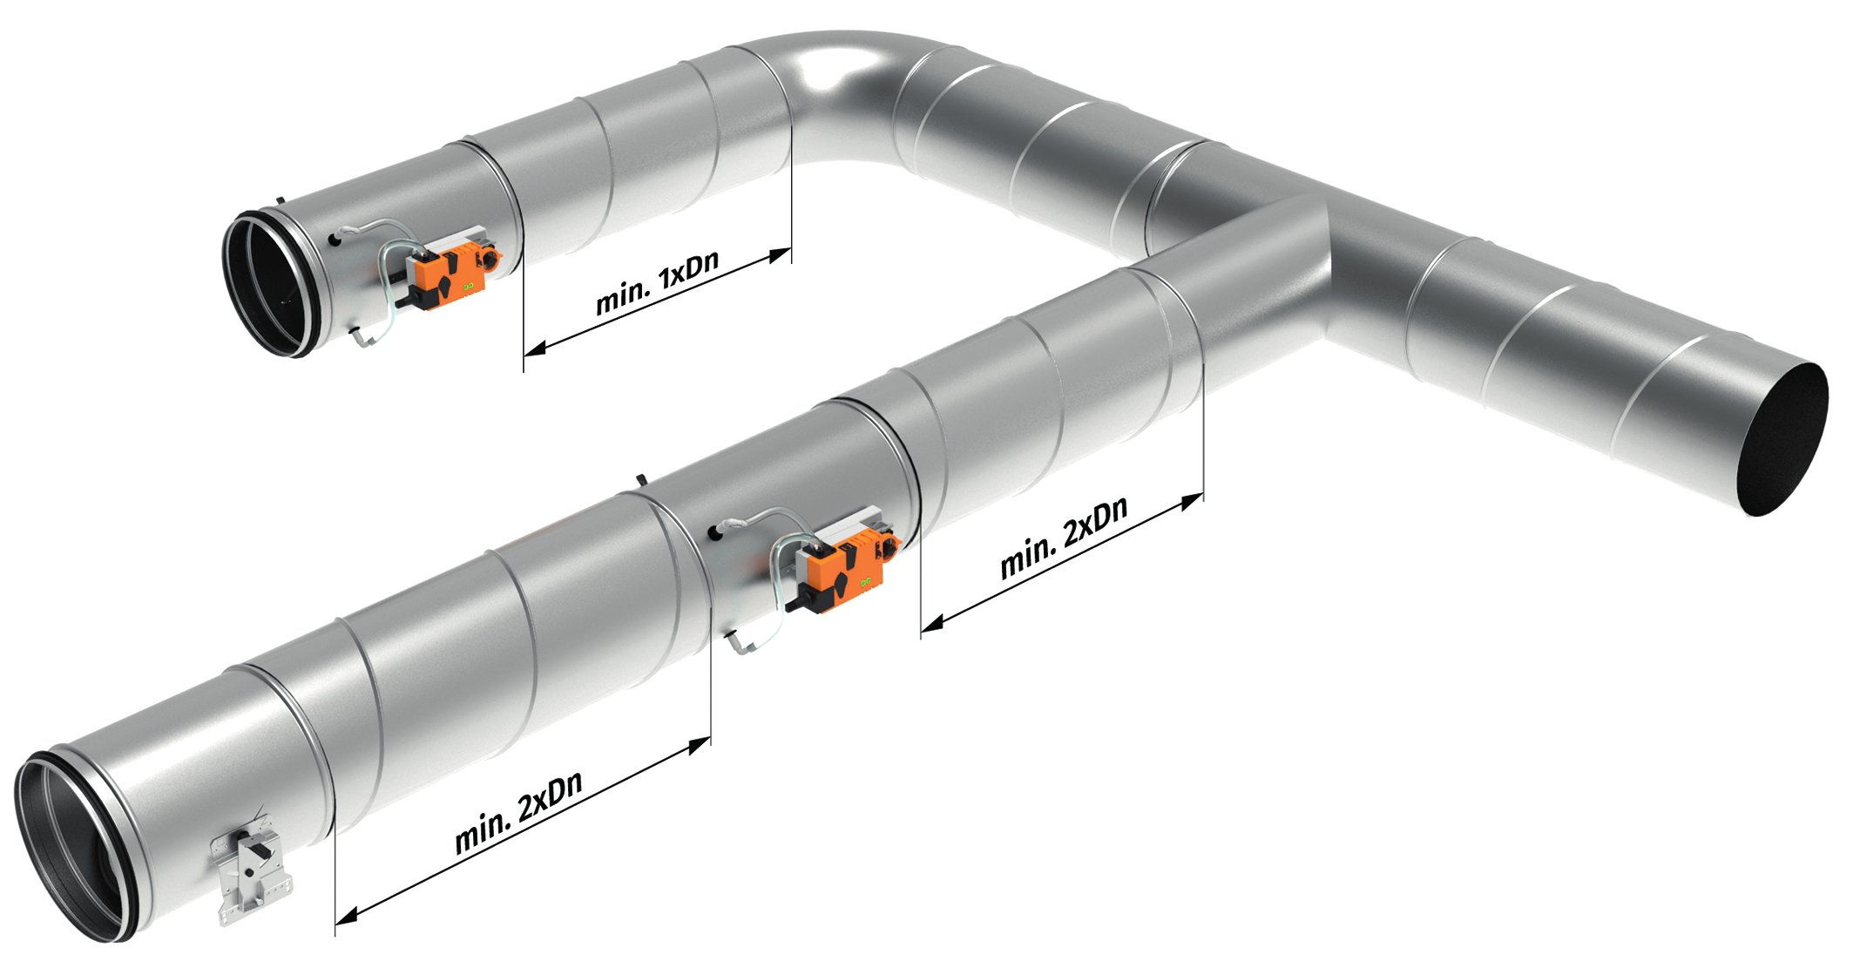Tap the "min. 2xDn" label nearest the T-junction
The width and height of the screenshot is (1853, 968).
(1064, 537)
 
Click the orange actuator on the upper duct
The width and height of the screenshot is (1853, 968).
(456, 273)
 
